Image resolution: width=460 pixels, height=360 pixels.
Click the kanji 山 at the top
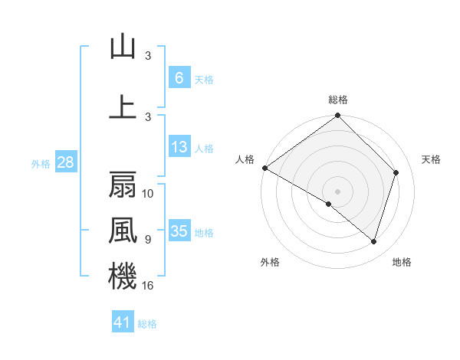(x=123, y=47)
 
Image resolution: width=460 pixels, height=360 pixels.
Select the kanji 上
(x=123, y=107)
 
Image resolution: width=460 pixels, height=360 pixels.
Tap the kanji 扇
(x=123, y=185)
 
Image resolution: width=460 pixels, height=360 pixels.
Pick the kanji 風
(x=123, y=230)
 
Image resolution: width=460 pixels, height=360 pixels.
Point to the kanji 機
(x=123, y=276)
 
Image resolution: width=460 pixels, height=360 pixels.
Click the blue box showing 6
(x=179, y=78)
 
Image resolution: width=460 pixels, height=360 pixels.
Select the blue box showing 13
(x=179, y=147)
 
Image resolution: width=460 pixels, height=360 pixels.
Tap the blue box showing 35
(x=179, y=231)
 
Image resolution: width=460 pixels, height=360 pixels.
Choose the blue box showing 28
(x=64, y=162)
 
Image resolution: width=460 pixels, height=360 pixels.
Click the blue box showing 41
(x=123, y=322)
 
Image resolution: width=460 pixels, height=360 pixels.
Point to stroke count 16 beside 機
(x=149, y=286)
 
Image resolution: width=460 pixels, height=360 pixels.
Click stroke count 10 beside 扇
(x=149, y=194)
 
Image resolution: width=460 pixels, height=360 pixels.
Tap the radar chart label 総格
(x=338, y=100)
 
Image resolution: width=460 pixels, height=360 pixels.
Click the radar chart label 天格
(x=432, y=159)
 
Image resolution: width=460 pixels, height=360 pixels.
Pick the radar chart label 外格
(x=270, y=262)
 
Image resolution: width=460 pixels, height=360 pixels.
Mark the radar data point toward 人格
(x=264, y=168)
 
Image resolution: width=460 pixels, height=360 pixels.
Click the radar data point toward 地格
(x=374, y=242)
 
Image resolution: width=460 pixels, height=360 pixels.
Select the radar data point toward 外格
(x=329, y=205)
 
